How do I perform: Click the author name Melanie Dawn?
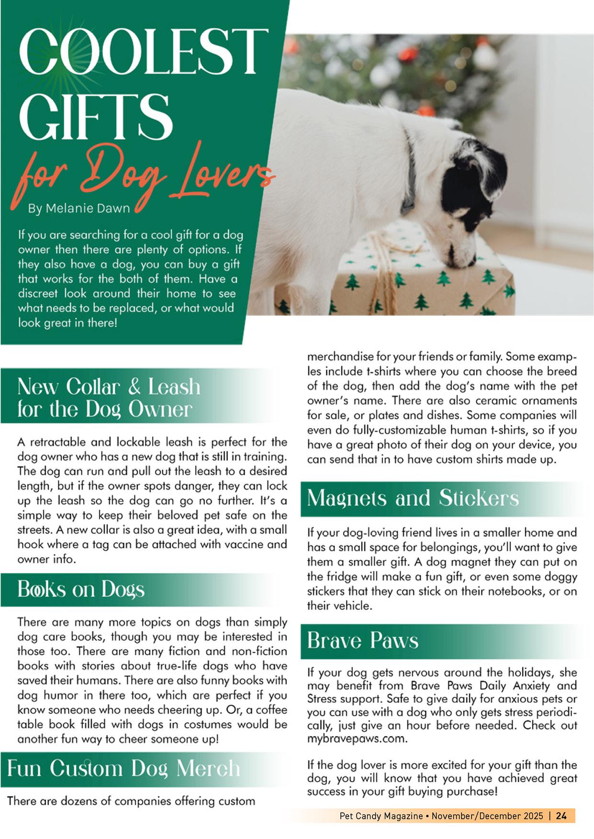tap(88, 209)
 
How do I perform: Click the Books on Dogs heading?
tap(81, 589)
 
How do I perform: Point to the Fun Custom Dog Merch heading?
tap(123, 769)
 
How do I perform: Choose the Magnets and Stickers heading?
tap(413, 498)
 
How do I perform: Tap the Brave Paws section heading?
tap(362, 640)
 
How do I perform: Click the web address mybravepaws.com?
tap(357, 738)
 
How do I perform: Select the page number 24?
tap(561, 816)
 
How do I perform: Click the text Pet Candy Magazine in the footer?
tap(381, 816)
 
